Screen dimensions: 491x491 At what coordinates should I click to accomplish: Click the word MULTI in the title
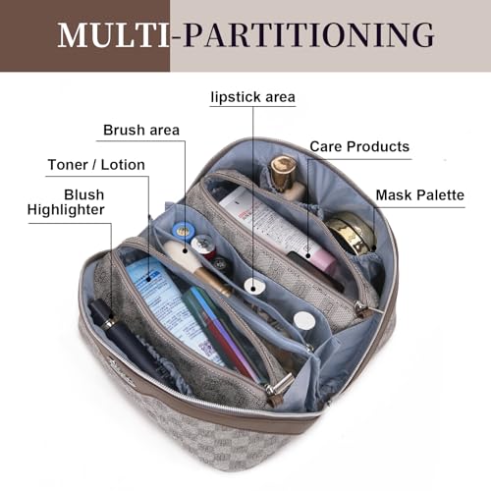(114, 35)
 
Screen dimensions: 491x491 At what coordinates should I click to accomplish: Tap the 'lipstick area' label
(252, 97)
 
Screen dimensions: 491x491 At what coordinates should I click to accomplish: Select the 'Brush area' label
(141, 130)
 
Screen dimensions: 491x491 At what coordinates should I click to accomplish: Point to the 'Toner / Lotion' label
(96, 165)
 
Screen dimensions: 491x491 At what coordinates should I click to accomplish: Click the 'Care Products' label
(359, 146)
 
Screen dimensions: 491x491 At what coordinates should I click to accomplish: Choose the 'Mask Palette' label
(420, 195)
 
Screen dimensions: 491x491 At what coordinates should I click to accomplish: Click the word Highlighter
(66, 210)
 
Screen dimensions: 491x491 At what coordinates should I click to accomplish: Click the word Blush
(84, 194)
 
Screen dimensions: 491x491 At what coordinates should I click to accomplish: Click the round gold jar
(352, 232)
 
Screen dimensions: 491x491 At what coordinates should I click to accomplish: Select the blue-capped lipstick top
(184, 231)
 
